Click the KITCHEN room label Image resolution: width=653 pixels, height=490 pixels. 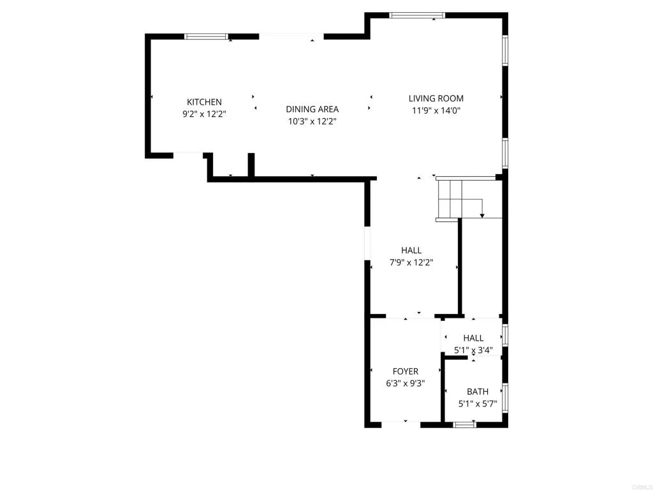(x=204, y=102)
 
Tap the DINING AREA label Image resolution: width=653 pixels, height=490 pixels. (x=312, y=109)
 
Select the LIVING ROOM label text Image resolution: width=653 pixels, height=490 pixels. (x=436, y=98)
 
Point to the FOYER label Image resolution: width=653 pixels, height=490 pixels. (x=406, y=371)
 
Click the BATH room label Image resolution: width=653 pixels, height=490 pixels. (x=478, y=392)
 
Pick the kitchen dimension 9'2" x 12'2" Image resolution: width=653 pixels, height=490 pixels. (x=204, y=114)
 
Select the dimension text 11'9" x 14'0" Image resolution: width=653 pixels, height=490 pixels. (x=436, y=110)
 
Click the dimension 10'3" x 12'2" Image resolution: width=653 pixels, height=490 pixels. (x=312, y=121)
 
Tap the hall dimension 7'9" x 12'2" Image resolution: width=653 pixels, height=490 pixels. (x=411, y=262)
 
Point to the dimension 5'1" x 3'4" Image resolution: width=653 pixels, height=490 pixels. (x=473, y=350)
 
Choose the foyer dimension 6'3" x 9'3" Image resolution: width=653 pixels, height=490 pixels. (x=406, y=383)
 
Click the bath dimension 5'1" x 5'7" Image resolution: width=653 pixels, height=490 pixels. (x=478, y=404)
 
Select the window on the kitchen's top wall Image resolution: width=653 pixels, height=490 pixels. (x=206, y=36)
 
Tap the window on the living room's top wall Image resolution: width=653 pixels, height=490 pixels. (x=417, y=15)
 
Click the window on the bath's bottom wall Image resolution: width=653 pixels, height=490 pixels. (x=464, y=424)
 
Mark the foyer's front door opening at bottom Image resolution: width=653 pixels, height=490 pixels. (x=400, y=423)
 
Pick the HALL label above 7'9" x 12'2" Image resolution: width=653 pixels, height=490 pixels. (x=411, y=250)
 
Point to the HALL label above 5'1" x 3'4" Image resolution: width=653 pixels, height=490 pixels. (x=473, y=338)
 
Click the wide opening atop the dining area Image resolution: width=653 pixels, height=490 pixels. (x=291, y=36)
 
